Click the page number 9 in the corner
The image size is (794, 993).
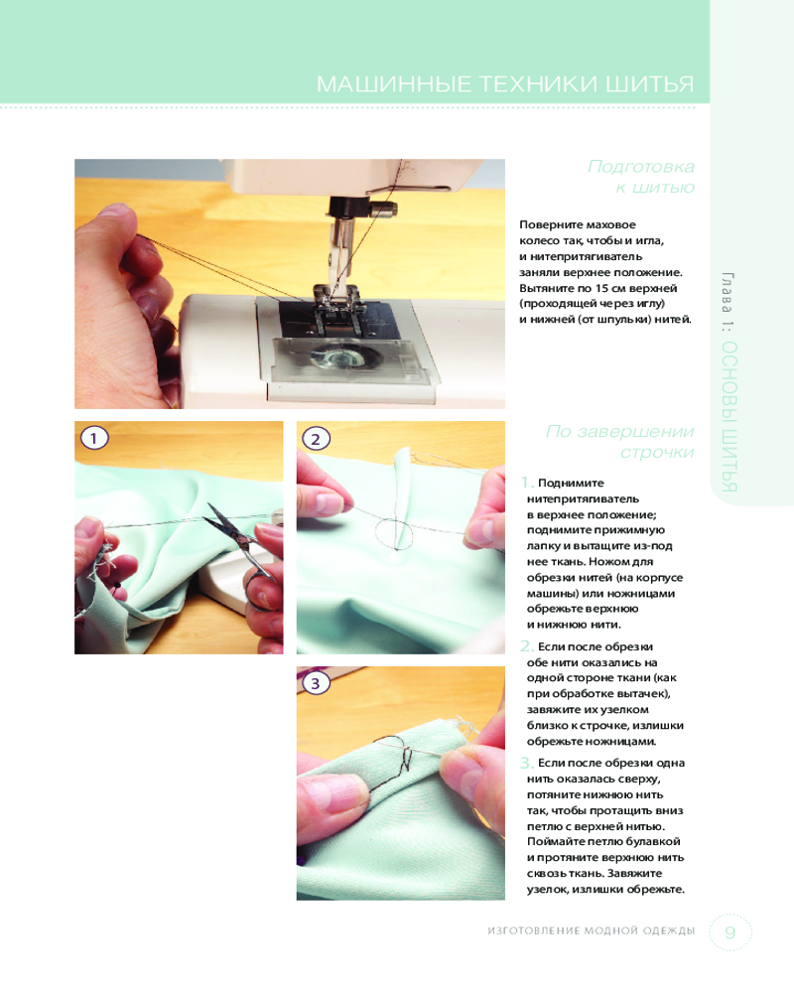pyautogui.click(x=730, y=932)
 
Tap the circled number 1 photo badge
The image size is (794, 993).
pyautogui.click(x=94, y=438)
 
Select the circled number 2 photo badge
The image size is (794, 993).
pyautogui.click(x=316, y=439)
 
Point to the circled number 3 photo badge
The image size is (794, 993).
pyautogui.click(x=316, y=683)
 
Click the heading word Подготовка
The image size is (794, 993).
pyautogui.click(x=641, y=166)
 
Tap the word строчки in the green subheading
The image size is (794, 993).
pyautogui.click(x=657, y=452)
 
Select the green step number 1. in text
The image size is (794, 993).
pyautogui.click(x=527, y=483)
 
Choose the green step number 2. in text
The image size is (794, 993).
pyautogui.click(x=527, y=646)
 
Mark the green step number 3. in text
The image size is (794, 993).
pyautogui.click(x=527, y=763)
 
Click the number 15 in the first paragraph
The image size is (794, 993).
pyautogui.click(x=602, y=288)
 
